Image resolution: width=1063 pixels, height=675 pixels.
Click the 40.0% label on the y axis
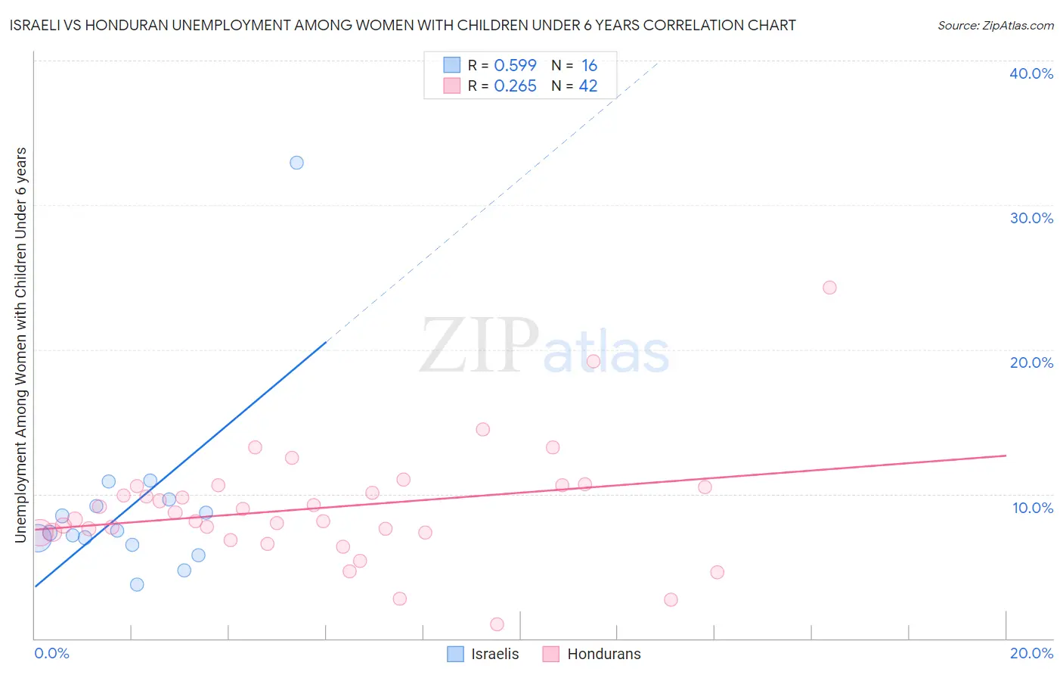(x=1031, y=73)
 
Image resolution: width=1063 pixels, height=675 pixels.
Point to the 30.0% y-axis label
(x=1031, y=218)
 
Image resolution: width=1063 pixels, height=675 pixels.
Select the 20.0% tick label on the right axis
(x=1031, y=362)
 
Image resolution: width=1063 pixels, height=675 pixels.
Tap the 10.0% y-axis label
(x=1033, y=508)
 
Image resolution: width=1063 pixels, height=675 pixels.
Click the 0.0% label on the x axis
(x=52, y=653)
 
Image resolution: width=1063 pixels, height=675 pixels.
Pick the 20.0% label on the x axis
(x=1031, y=653)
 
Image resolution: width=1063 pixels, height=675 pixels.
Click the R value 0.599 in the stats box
(x=515, y=65)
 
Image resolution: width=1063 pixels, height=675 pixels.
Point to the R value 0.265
(x=515, y=86)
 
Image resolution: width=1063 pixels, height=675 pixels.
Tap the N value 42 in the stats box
(x=588, y=86)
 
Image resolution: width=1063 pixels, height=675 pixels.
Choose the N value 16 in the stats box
(x=590, y=65)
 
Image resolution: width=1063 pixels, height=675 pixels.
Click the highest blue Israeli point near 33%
(x=296, y=163)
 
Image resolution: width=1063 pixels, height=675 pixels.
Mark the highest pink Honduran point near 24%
(x=829, y=288)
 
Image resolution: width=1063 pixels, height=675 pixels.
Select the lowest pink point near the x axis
(x=497, y=624)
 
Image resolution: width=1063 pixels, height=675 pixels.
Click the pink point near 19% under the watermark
(x=593, y=361)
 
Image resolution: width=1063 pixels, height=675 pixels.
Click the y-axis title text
(x=21, y=345)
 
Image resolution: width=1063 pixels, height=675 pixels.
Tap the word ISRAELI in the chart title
(x=36, y=25)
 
